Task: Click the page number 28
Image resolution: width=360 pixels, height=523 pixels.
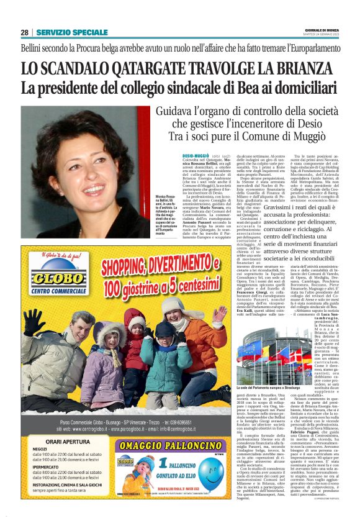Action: [x=24, y=32]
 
